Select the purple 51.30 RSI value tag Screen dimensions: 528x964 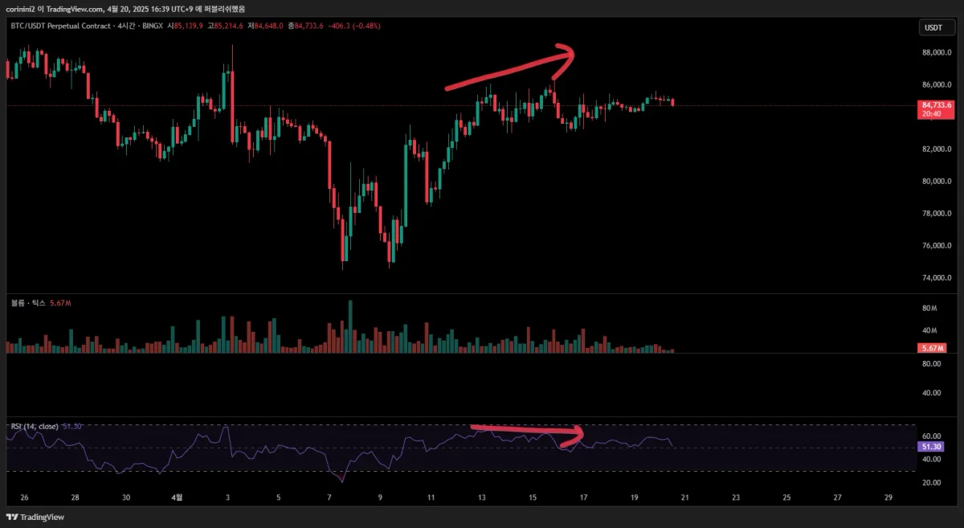(932, 446)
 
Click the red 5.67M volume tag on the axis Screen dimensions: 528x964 (932, 348)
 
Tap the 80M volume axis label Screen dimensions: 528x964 (929, 308)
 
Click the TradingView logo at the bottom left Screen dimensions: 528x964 (35, 517)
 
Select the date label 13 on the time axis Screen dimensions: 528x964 (481, 497)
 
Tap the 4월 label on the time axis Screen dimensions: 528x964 (178, 497)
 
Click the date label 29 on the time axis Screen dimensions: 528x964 (888, 497)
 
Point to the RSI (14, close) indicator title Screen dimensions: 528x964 (34, 426)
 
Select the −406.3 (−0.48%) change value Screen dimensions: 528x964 (353, 26)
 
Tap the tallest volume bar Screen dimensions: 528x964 (350, 326)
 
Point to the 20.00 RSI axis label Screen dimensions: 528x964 (931, 482)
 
